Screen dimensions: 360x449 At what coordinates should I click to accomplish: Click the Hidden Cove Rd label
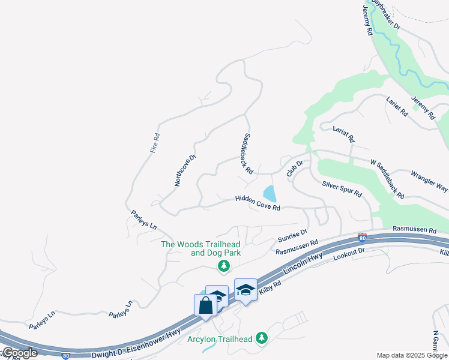[258, 203]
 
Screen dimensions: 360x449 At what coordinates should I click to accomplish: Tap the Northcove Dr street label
[185, 170]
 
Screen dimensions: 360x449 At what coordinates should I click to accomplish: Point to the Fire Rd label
[155, 143]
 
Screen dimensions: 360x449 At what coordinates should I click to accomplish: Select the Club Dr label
[294, 167]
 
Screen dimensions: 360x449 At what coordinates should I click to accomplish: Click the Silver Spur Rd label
[342, 189]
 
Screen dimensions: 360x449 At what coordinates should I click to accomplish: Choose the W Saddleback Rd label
[387, 179]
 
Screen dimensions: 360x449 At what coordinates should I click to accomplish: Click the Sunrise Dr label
[292, 236]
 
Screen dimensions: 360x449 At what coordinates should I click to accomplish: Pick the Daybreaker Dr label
[385, 14]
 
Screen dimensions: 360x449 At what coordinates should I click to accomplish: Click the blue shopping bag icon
[205, 305]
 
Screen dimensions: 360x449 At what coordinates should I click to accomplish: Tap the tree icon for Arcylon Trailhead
[261, 338]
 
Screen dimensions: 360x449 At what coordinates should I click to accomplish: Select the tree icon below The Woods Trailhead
[223, 266]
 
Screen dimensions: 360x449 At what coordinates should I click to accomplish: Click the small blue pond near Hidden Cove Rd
[270, 194]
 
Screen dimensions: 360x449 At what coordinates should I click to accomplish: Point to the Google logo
[19, 353]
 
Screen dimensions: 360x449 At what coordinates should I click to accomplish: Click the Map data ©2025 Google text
[412, 355]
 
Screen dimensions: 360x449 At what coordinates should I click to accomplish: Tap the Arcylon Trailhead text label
[220, 339]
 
